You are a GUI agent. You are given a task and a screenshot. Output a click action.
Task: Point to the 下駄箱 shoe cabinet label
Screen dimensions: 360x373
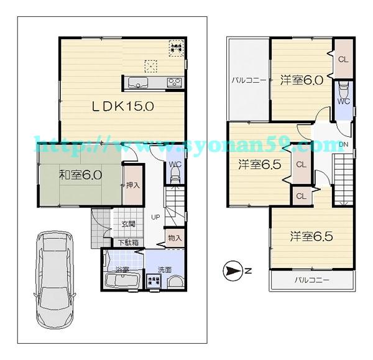point(128,242)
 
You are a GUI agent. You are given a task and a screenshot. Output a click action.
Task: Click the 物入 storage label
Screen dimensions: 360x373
point(175,238)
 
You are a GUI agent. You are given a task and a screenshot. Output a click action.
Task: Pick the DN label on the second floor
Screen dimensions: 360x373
point(343,145)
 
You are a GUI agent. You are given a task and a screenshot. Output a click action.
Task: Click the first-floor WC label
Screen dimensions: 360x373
point(175,164)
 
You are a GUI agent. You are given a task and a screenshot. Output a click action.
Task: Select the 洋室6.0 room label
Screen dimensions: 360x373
point(301,80)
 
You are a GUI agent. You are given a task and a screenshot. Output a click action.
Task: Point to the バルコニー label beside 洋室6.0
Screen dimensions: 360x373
point(249,80)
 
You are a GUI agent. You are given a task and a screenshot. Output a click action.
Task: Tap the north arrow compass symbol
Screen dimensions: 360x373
point(231,271)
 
